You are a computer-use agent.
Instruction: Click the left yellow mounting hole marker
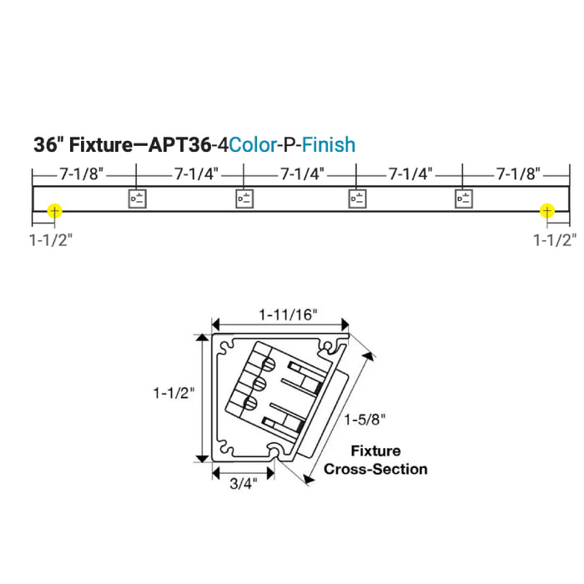click(54, 211)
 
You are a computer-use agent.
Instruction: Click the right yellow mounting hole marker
click(546, 211)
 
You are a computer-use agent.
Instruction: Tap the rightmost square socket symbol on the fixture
click(464, 199)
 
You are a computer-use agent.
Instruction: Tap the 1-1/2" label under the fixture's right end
click(555, 240)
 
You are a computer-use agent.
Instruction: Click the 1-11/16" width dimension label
click(288, 315)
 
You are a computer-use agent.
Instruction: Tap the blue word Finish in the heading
click(328, 144)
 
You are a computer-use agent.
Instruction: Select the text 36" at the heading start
click(48, 144)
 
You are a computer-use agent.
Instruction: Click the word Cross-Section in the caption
click(375, 469)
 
